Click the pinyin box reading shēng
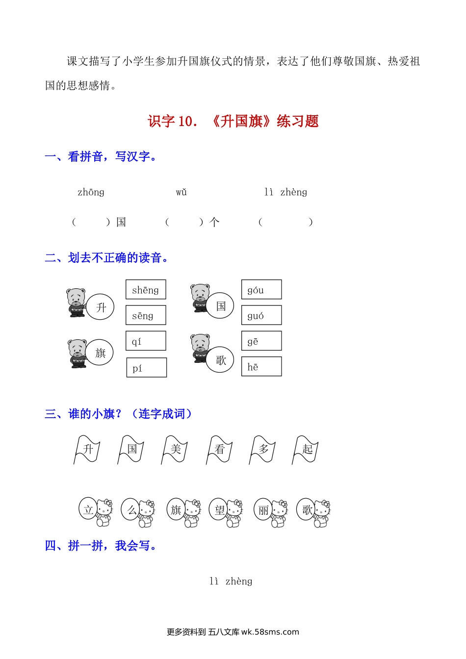[x=146, y=289]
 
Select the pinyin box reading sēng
[x=146, y=315]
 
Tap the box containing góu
[x=261, y=289]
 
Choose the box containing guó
[x=261, y=315]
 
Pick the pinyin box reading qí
[x=146, y=341]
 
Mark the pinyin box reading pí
[x=146, y=367]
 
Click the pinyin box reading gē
[x=261, y=341]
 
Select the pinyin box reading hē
[x=261, y=366]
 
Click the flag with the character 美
[x=175, y=449]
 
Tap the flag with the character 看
[x=219, y=449]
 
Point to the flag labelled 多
[x=263, y=449]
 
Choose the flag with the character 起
[x=307, y=449]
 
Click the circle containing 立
[x=88, y=509]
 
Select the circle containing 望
[x=219, y=509]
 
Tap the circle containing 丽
[x=263, y=509]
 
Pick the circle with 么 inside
[x=131, y=509]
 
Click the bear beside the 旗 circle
[x=77, y=353]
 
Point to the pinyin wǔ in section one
[x=181, y=192]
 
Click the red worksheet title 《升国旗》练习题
[x=233, y=121]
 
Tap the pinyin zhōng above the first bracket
[x=91, y=192]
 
